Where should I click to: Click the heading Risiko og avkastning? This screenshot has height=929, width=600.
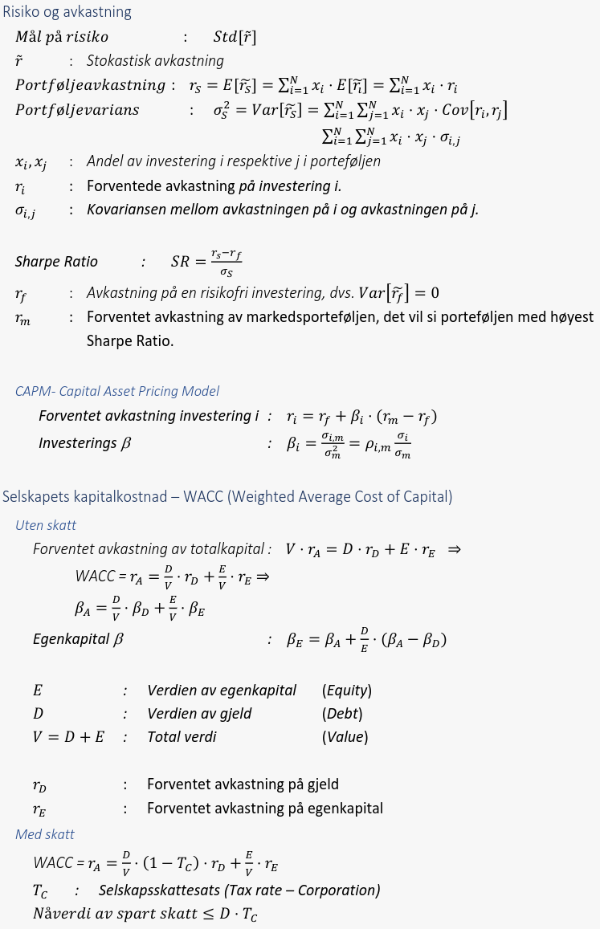67,12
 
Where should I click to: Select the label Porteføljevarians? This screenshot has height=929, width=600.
77,110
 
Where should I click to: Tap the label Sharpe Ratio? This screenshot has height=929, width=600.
56,262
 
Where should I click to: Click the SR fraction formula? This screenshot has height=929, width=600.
206,263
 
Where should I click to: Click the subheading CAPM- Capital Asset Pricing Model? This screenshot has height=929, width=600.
117,391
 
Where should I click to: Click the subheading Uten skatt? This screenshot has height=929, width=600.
46,525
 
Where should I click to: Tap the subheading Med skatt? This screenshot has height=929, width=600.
45,834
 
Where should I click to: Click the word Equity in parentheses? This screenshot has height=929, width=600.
347,691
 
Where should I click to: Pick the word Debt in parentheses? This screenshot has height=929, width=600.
342,714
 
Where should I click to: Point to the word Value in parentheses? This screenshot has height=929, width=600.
345,737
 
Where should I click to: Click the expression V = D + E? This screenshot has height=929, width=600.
68,737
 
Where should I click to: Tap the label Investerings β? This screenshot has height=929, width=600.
84,442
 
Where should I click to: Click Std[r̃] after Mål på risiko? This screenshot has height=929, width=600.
235,37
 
